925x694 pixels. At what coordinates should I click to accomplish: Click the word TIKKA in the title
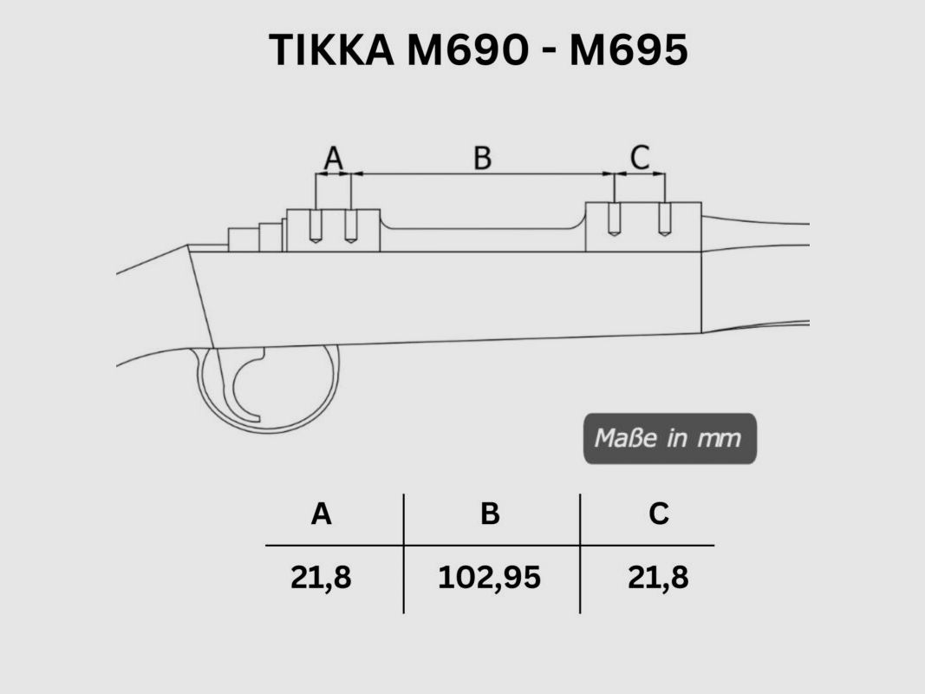tap(330, 50)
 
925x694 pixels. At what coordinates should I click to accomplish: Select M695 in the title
tap(628, 50)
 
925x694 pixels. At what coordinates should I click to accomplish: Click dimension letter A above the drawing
tap(333, 158)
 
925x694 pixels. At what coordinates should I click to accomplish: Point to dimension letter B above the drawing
tap(482, 158)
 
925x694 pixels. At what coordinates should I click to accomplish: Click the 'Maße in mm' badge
tap(668, 438)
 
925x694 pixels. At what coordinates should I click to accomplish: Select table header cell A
tap(321, 514)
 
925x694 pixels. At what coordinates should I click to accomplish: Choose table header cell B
tap(490, 514)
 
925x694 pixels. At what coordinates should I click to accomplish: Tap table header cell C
tap(659, 514)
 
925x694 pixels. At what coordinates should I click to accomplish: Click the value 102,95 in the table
tap(489, 578)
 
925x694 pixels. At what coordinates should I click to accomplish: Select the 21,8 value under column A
tap(321, 578)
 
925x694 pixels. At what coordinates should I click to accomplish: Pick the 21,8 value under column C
tap(658, 578)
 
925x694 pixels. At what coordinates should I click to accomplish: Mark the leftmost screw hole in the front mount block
tap(316, 226)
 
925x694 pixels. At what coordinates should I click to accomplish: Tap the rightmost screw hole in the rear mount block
tap(665, 219)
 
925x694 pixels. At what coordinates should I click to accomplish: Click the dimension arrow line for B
tap(482, 174)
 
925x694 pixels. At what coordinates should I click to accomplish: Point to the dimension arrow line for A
tap(333, 174)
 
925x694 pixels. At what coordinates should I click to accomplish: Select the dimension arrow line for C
tap(639, 174)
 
